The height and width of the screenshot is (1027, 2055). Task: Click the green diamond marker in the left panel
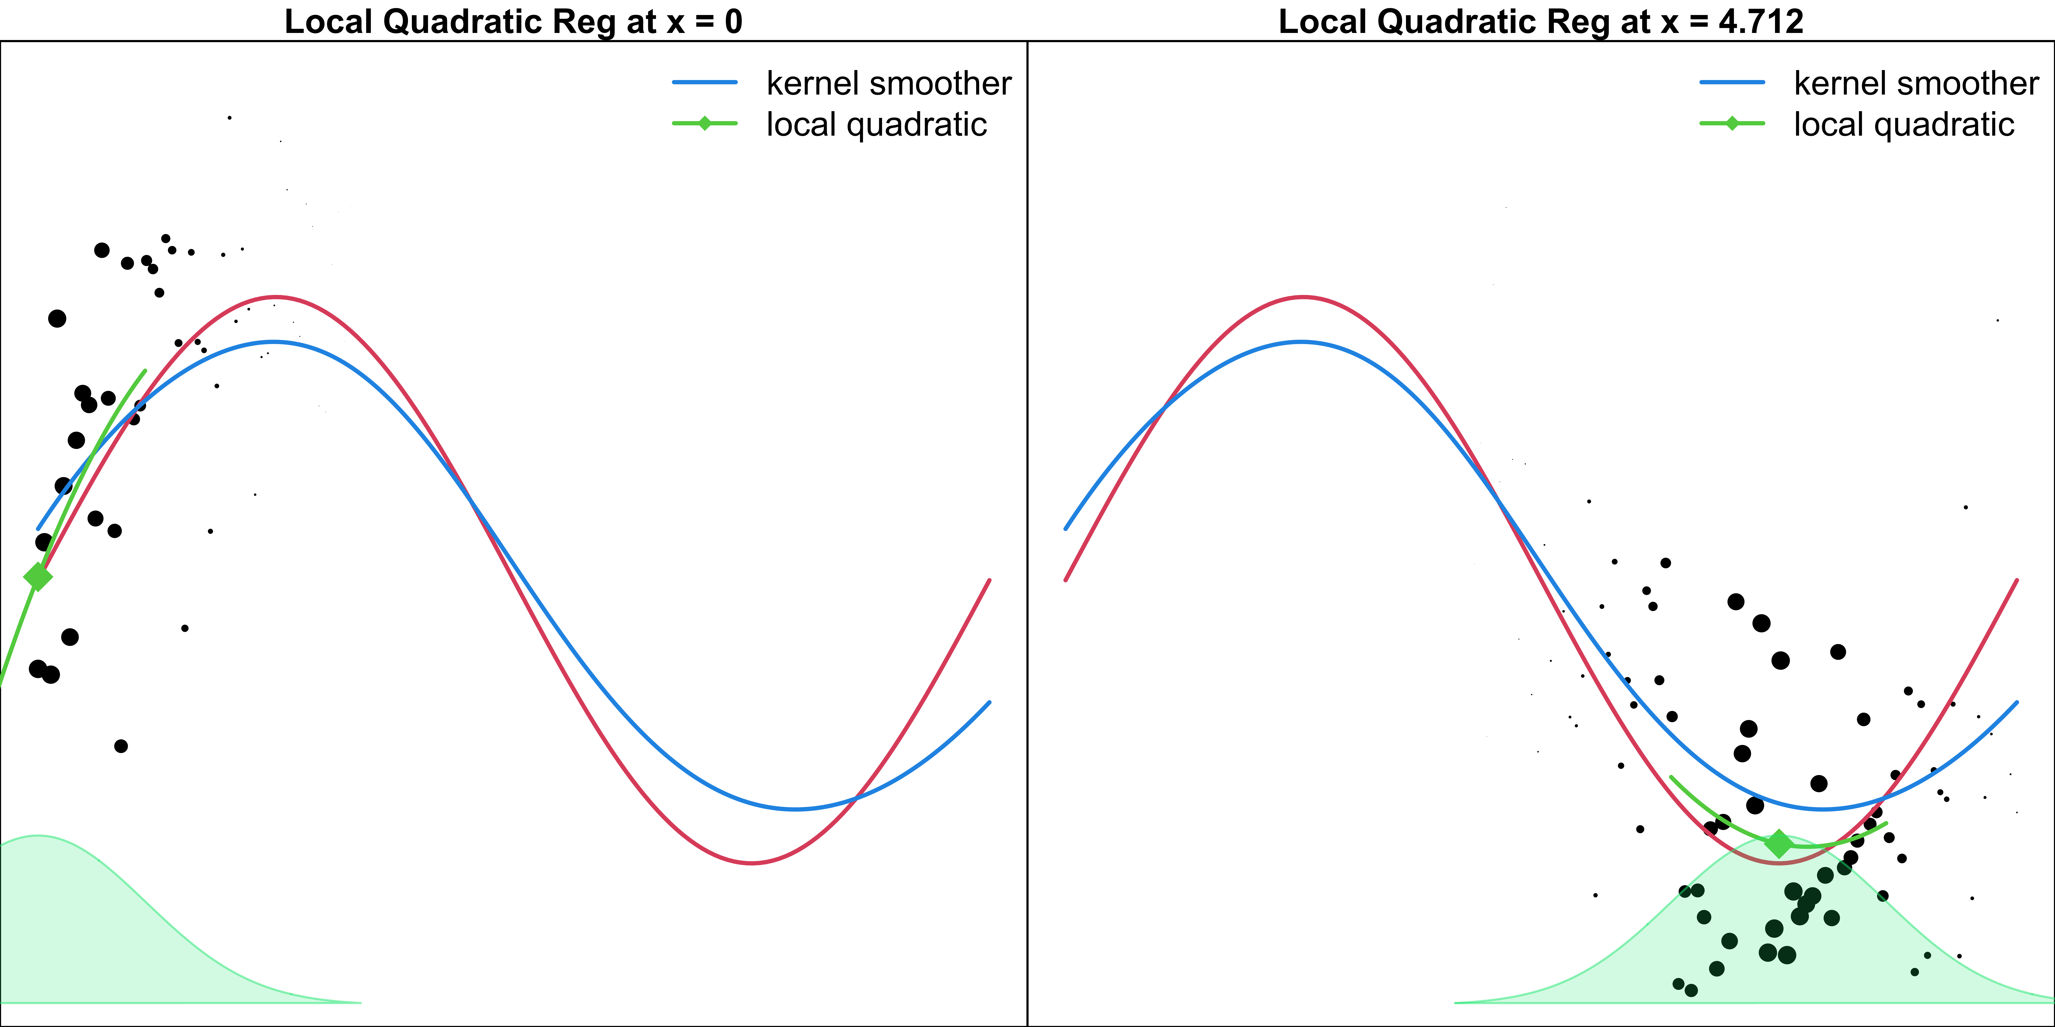pos(37,576)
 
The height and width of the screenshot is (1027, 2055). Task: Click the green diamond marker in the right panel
pos(1778,844)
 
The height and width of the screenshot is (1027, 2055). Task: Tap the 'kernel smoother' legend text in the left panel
pos(889,83)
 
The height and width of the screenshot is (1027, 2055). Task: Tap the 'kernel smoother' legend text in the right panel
pos(1916,83)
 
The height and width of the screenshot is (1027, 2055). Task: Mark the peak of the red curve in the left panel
pos(275,297)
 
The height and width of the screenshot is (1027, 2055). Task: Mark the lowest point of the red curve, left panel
pos(752,863)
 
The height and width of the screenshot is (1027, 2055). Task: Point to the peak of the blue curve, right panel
pos(1301,342)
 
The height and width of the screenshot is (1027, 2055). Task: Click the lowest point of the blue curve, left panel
pos(795,809)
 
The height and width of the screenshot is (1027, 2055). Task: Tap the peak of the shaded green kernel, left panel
pos(37,836)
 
